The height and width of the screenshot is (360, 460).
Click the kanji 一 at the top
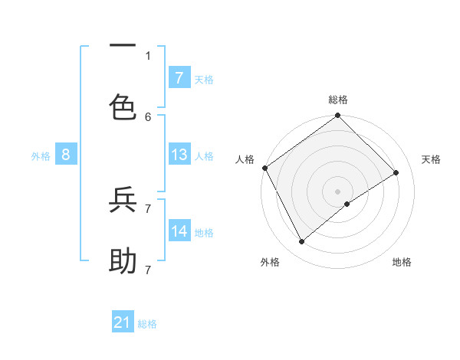[123, 45]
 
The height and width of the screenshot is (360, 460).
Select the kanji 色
[123, 106]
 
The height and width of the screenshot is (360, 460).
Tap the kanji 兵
[123, 200]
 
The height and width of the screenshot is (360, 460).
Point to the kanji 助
[123, 261]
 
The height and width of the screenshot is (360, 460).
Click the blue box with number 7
[179, 77]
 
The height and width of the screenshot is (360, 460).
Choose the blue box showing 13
[179, 155]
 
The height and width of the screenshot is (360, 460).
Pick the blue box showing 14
[179, 231]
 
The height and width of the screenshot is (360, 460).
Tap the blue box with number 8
[66, 155]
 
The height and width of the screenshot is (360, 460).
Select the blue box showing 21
[123, 322]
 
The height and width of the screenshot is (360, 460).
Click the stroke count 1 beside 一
[148, 55]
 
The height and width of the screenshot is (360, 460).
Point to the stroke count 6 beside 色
[148, 116]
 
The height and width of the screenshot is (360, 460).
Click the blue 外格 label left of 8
[41, 155]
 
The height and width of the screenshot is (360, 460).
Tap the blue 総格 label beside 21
[147, 324]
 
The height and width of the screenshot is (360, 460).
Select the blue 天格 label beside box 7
[204, 79]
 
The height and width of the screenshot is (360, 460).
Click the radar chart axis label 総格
[338, 100]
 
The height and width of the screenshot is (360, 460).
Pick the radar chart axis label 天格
[431, 159]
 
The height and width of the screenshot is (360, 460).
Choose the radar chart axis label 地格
[402, 262]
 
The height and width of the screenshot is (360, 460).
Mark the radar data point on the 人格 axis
[264, 168]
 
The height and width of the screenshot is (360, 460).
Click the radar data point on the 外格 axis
[302, 242]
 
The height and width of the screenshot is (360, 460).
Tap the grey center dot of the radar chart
[338, 191]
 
